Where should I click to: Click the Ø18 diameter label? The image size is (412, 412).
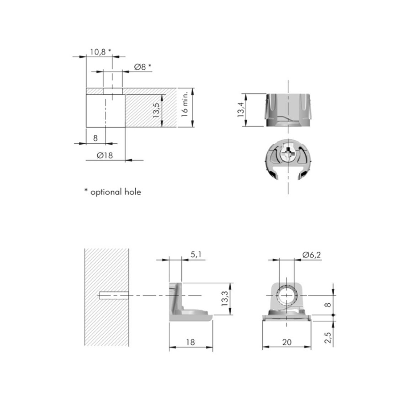coord(104,155)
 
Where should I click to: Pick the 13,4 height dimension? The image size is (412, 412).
coord(241,109)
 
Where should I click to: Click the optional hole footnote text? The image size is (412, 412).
coord(113,192)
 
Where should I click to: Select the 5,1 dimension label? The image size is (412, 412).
coord(196,254)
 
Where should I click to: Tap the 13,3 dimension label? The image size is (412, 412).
coord(225,299)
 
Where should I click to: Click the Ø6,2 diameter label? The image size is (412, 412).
coord(311,254)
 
